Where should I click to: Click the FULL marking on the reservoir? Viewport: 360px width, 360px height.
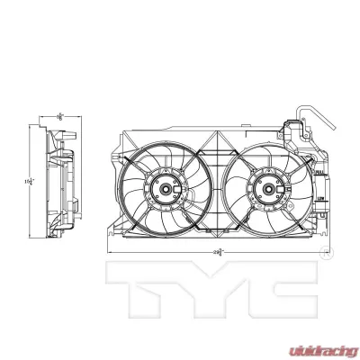point(319,167)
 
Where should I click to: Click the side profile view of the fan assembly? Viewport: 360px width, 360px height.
point(60,184)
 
